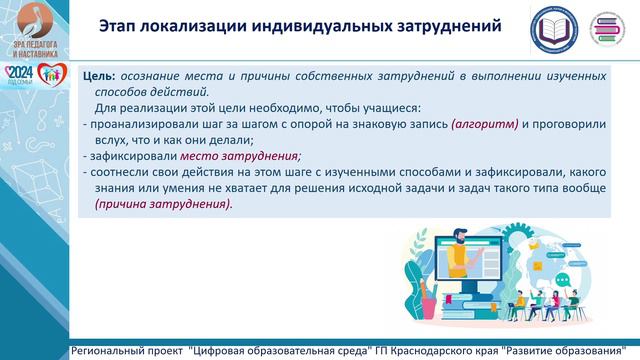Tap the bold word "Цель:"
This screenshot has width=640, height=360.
[99, 76]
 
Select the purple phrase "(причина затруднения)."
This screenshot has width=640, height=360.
[163, 204]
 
